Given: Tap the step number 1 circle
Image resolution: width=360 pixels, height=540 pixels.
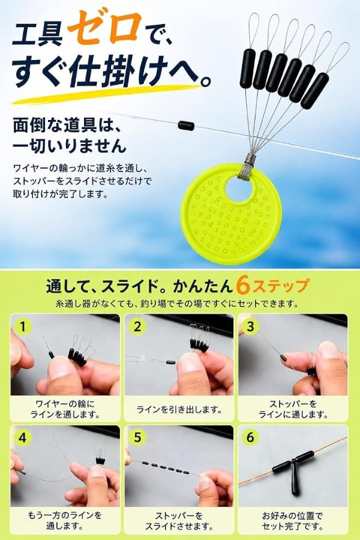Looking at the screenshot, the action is [x=23, y=326].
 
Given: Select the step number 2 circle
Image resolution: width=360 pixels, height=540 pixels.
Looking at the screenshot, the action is [x=137, y=326].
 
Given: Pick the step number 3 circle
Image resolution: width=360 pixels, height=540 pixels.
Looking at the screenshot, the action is [x=250, y=326].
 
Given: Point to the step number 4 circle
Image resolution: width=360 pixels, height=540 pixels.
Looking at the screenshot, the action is [x=23, y=437].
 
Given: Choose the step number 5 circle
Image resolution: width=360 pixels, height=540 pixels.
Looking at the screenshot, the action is [x=137, y=437].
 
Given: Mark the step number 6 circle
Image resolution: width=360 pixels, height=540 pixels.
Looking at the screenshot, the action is [x=250, y=437].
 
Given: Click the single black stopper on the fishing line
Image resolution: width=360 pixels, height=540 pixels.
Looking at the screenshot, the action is [x=186, y=125].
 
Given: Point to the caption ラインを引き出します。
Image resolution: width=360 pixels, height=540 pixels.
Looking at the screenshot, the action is [x=179, y=409].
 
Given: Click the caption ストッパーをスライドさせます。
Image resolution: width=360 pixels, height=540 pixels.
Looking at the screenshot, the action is [x=179, y=521].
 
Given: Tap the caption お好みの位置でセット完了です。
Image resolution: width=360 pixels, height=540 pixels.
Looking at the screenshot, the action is [x=292, y=521].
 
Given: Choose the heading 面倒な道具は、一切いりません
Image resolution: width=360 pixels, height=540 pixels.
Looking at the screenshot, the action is [x=70, y=136].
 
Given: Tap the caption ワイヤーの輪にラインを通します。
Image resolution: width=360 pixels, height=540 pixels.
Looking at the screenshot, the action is [x=65, y=409].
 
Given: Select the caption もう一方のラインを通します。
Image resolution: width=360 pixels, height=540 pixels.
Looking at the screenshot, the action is [x=65, y=521].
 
